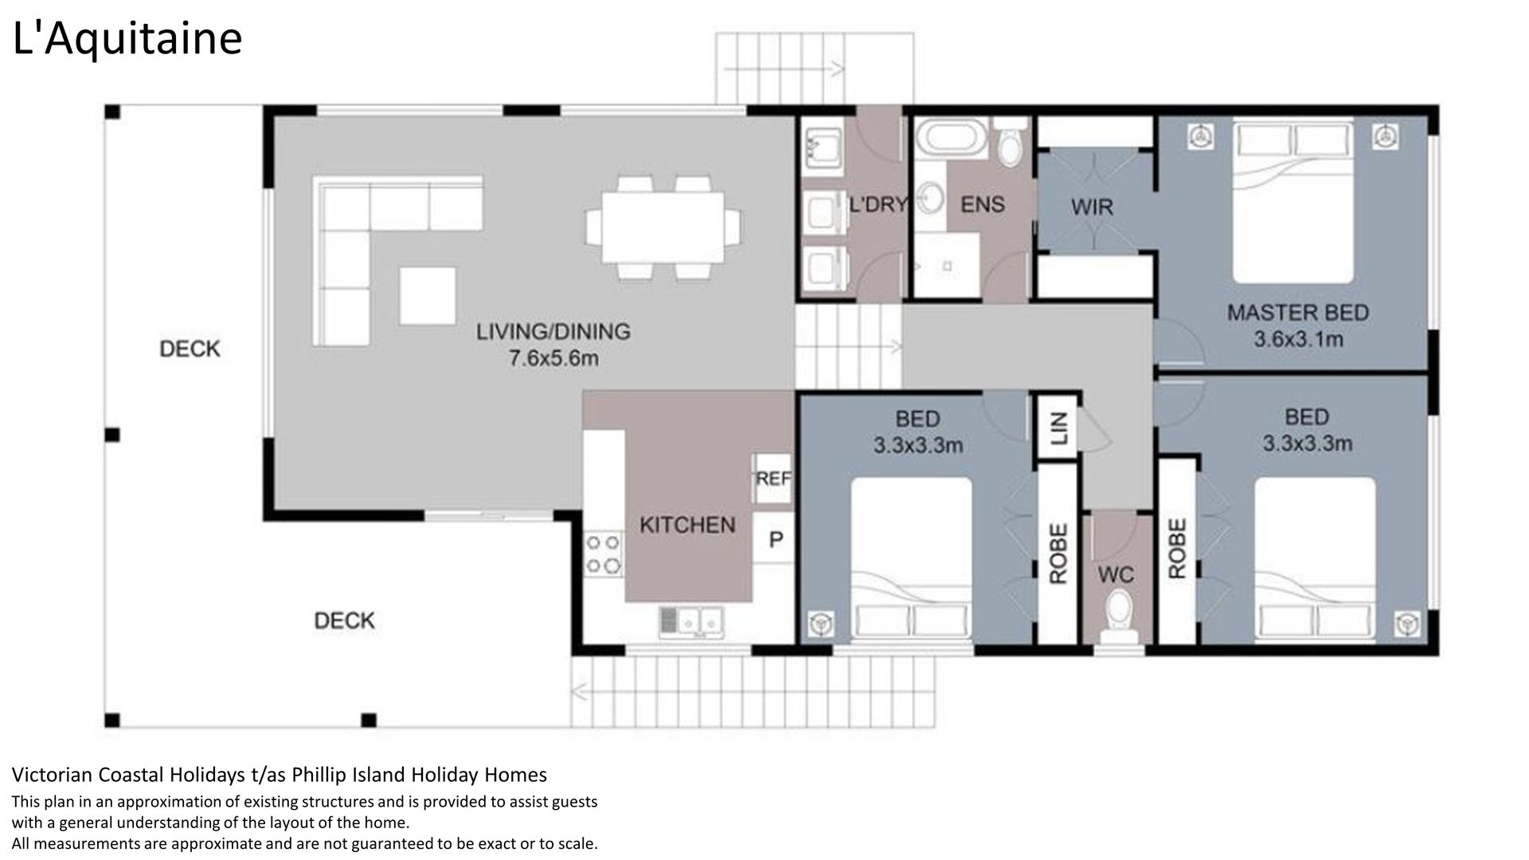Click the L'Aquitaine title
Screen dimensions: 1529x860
point(127,39)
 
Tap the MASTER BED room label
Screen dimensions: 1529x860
point(1297,313)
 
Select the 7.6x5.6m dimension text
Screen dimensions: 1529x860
point(553,358)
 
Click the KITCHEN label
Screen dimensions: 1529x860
point(687,525)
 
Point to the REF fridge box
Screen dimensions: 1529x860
point(773,479)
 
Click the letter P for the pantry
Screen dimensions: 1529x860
point(776,540)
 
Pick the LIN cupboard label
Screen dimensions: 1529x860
point(1058,428)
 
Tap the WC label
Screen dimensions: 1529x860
point(1115,575)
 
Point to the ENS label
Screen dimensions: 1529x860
point(982,205)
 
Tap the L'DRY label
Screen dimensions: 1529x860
point(878,205)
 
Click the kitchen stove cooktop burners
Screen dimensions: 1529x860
point(603,554)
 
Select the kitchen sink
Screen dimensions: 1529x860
point(690,622)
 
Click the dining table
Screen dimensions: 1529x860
point(663,228)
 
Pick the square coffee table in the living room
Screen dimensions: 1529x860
point(428,295)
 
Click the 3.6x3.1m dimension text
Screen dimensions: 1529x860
point(1298,340)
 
